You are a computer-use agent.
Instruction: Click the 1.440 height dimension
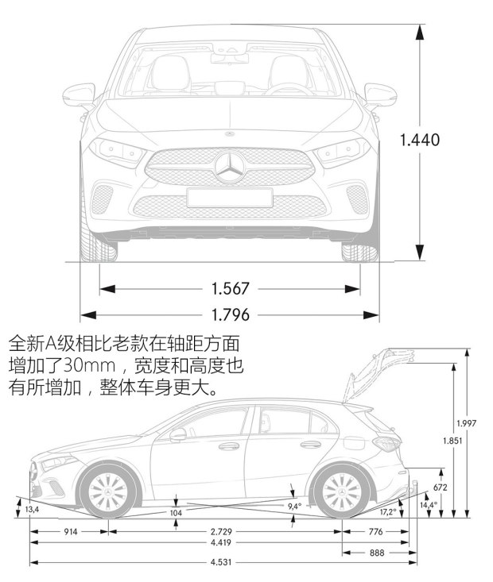pos(420,140)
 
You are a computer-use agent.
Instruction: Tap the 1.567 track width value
pos(231,288)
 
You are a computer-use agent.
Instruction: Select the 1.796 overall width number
pos(231,314)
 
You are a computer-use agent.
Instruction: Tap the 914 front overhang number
pos(69,531)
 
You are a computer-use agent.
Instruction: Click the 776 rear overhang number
pos(376,531)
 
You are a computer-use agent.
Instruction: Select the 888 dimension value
pos(376,553)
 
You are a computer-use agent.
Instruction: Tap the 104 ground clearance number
pos(176,514)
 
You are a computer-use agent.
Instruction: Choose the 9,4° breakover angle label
pos(295,506)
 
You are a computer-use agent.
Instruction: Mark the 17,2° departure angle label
pos(388,511)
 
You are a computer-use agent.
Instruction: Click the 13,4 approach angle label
pos(32,509)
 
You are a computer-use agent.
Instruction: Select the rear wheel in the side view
pos(341,490)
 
